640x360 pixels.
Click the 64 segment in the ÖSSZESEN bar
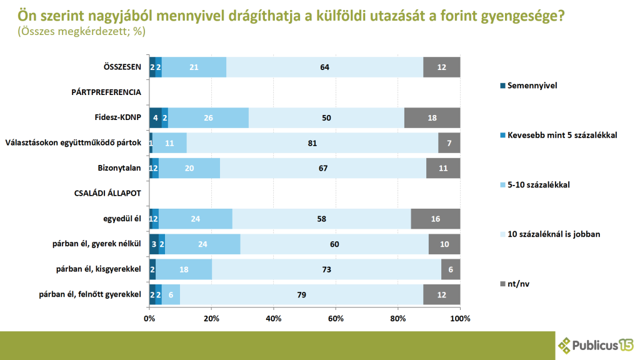(324, 67)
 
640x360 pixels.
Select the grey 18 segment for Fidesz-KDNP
(432, 117)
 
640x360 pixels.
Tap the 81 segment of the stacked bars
(312, 143)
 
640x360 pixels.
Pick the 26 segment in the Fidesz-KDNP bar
(208, 117)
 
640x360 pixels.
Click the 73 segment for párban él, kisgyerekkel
(326, 269)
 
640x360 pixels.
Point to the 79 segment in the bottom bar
(301, 294)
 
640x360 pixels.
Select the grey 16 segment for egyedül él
(435, 219)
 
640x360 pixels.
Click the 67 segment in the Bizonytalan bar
(323, 168)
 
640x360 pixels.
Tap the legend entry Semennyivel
(531, 84)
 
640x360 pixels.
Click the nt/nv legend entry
(520, 284)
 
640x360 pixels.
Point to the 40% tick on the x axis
(274, 319)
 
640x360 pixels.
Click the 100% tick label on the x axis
(460, 319)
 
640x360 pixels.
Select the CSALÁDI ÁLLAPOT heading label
(110, 194)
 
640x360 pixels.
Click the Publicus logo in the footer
(595, 344)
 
